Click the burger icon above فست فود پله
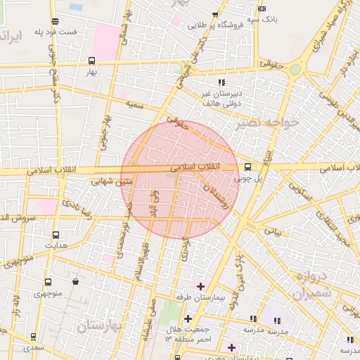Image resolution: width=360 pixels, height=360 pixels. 55,22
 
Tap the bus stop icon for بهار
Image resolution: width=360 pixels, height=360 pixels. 93,61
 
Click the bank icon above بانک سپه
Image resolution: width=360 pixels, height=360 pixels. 262,9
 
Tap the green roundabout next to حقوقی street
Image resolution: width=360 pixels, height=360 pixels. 295,69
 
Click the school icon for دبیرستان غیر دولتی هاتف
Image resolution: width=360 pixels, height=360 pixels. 222,82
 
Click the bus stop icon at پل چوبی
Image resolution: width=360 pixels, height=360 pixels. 247,167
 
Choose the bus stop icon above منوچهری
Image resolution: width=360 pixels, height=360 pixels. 48,282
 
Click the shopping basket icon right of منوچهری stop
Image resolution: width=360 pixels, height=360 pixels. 75,282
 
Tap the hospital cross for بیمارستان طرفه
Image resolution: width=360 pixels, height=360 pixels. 200,286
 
